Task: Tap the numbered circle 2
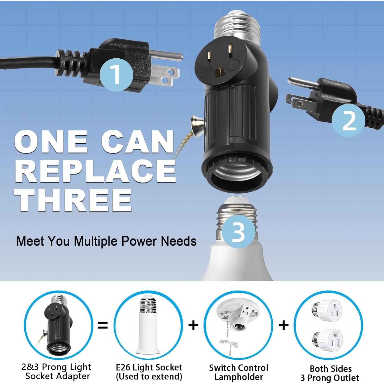click(x=348, y=120)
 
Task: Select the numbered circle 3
click(x=238, y=232)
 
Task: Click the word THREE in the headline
click(x=73, y=201)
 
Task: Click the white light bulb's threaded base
click(x=237, y=218)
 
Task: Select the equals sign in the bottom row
click(x=103, y=325)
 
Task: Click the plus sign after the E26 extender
click(x=193, y=325)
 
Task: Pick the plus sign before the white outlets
click(x=283, y=325)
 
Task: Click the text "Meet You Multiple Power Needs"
click(x=106, y=241)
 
